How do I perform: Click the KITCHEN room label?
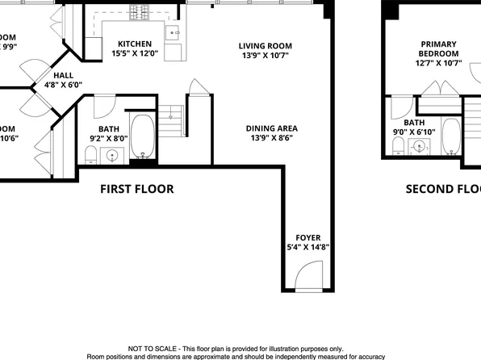click(x=135, y=44)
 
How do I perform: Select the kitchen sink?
click(x=173, y=32)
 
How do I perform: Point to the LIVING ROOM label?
click(x=265, y=46)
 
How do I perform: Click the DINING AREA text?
click(x=272, y=128)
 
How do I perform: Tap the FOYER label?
click(x=308, y=237)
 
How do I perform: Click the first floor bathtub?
click(x=144, y=138)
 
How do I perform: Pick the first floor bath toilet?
click(x=90, y=153)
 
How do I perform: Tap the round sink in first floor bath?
click(x=112, y=155)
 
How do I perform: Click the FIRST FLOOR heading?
click(x=136, y=189)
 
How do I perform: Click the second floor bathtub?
click(x=450, y=136)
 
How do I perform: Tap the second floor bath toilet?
click(x=397, y=144)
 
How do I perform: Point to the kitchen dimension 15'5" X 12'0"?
click(x=135, y=55)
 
